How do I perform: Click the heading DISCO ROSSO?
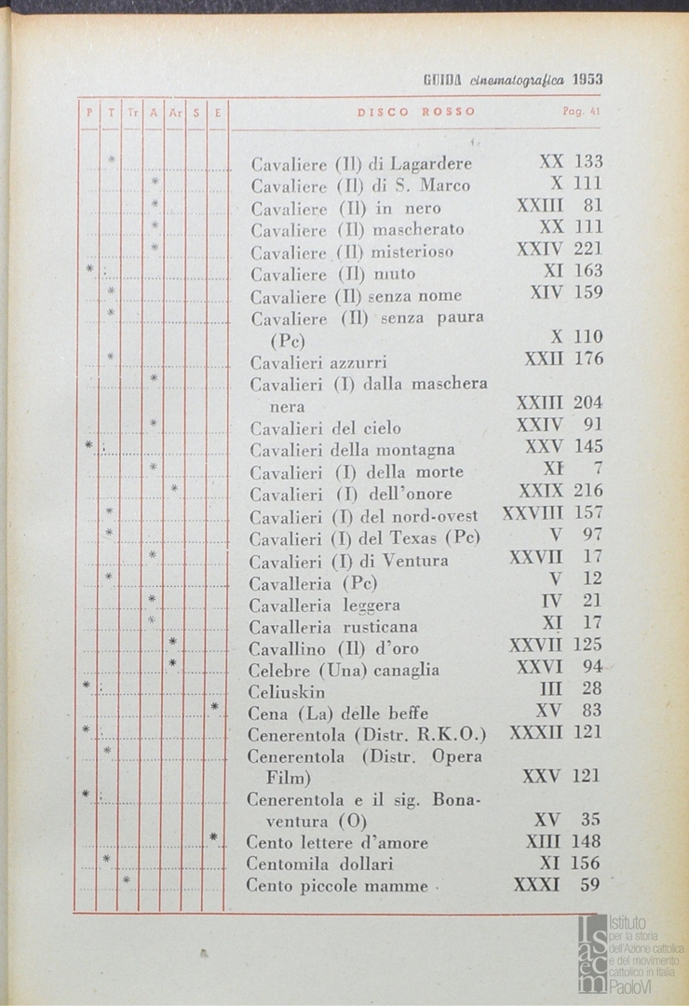pyautogui.click(x=416, y=112)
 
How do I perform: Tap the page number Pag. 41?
pyautogui.click(x=580, y=112)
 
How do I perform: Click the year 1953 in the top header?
pyautogui.click(x=588, y=80)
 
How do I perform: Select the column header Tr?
pyautogui.click(x=131, y=113)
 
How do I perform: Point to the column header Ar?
pyautogui.click(x=174, y=113)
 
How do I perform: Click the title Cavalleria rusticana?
pyautogui.click(x=333, y=626)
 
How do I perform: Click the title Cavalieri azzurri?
pyautogui.click(x=318, y=362)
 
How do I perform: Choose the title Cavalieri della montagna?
pyautogui.click(x=352, y=450)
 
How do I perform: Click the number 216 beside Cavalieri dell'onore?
pyautogui.click(x=587, y=491)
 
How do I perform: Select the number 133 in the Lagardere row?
pyautogui.click(x=587, y=162)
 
